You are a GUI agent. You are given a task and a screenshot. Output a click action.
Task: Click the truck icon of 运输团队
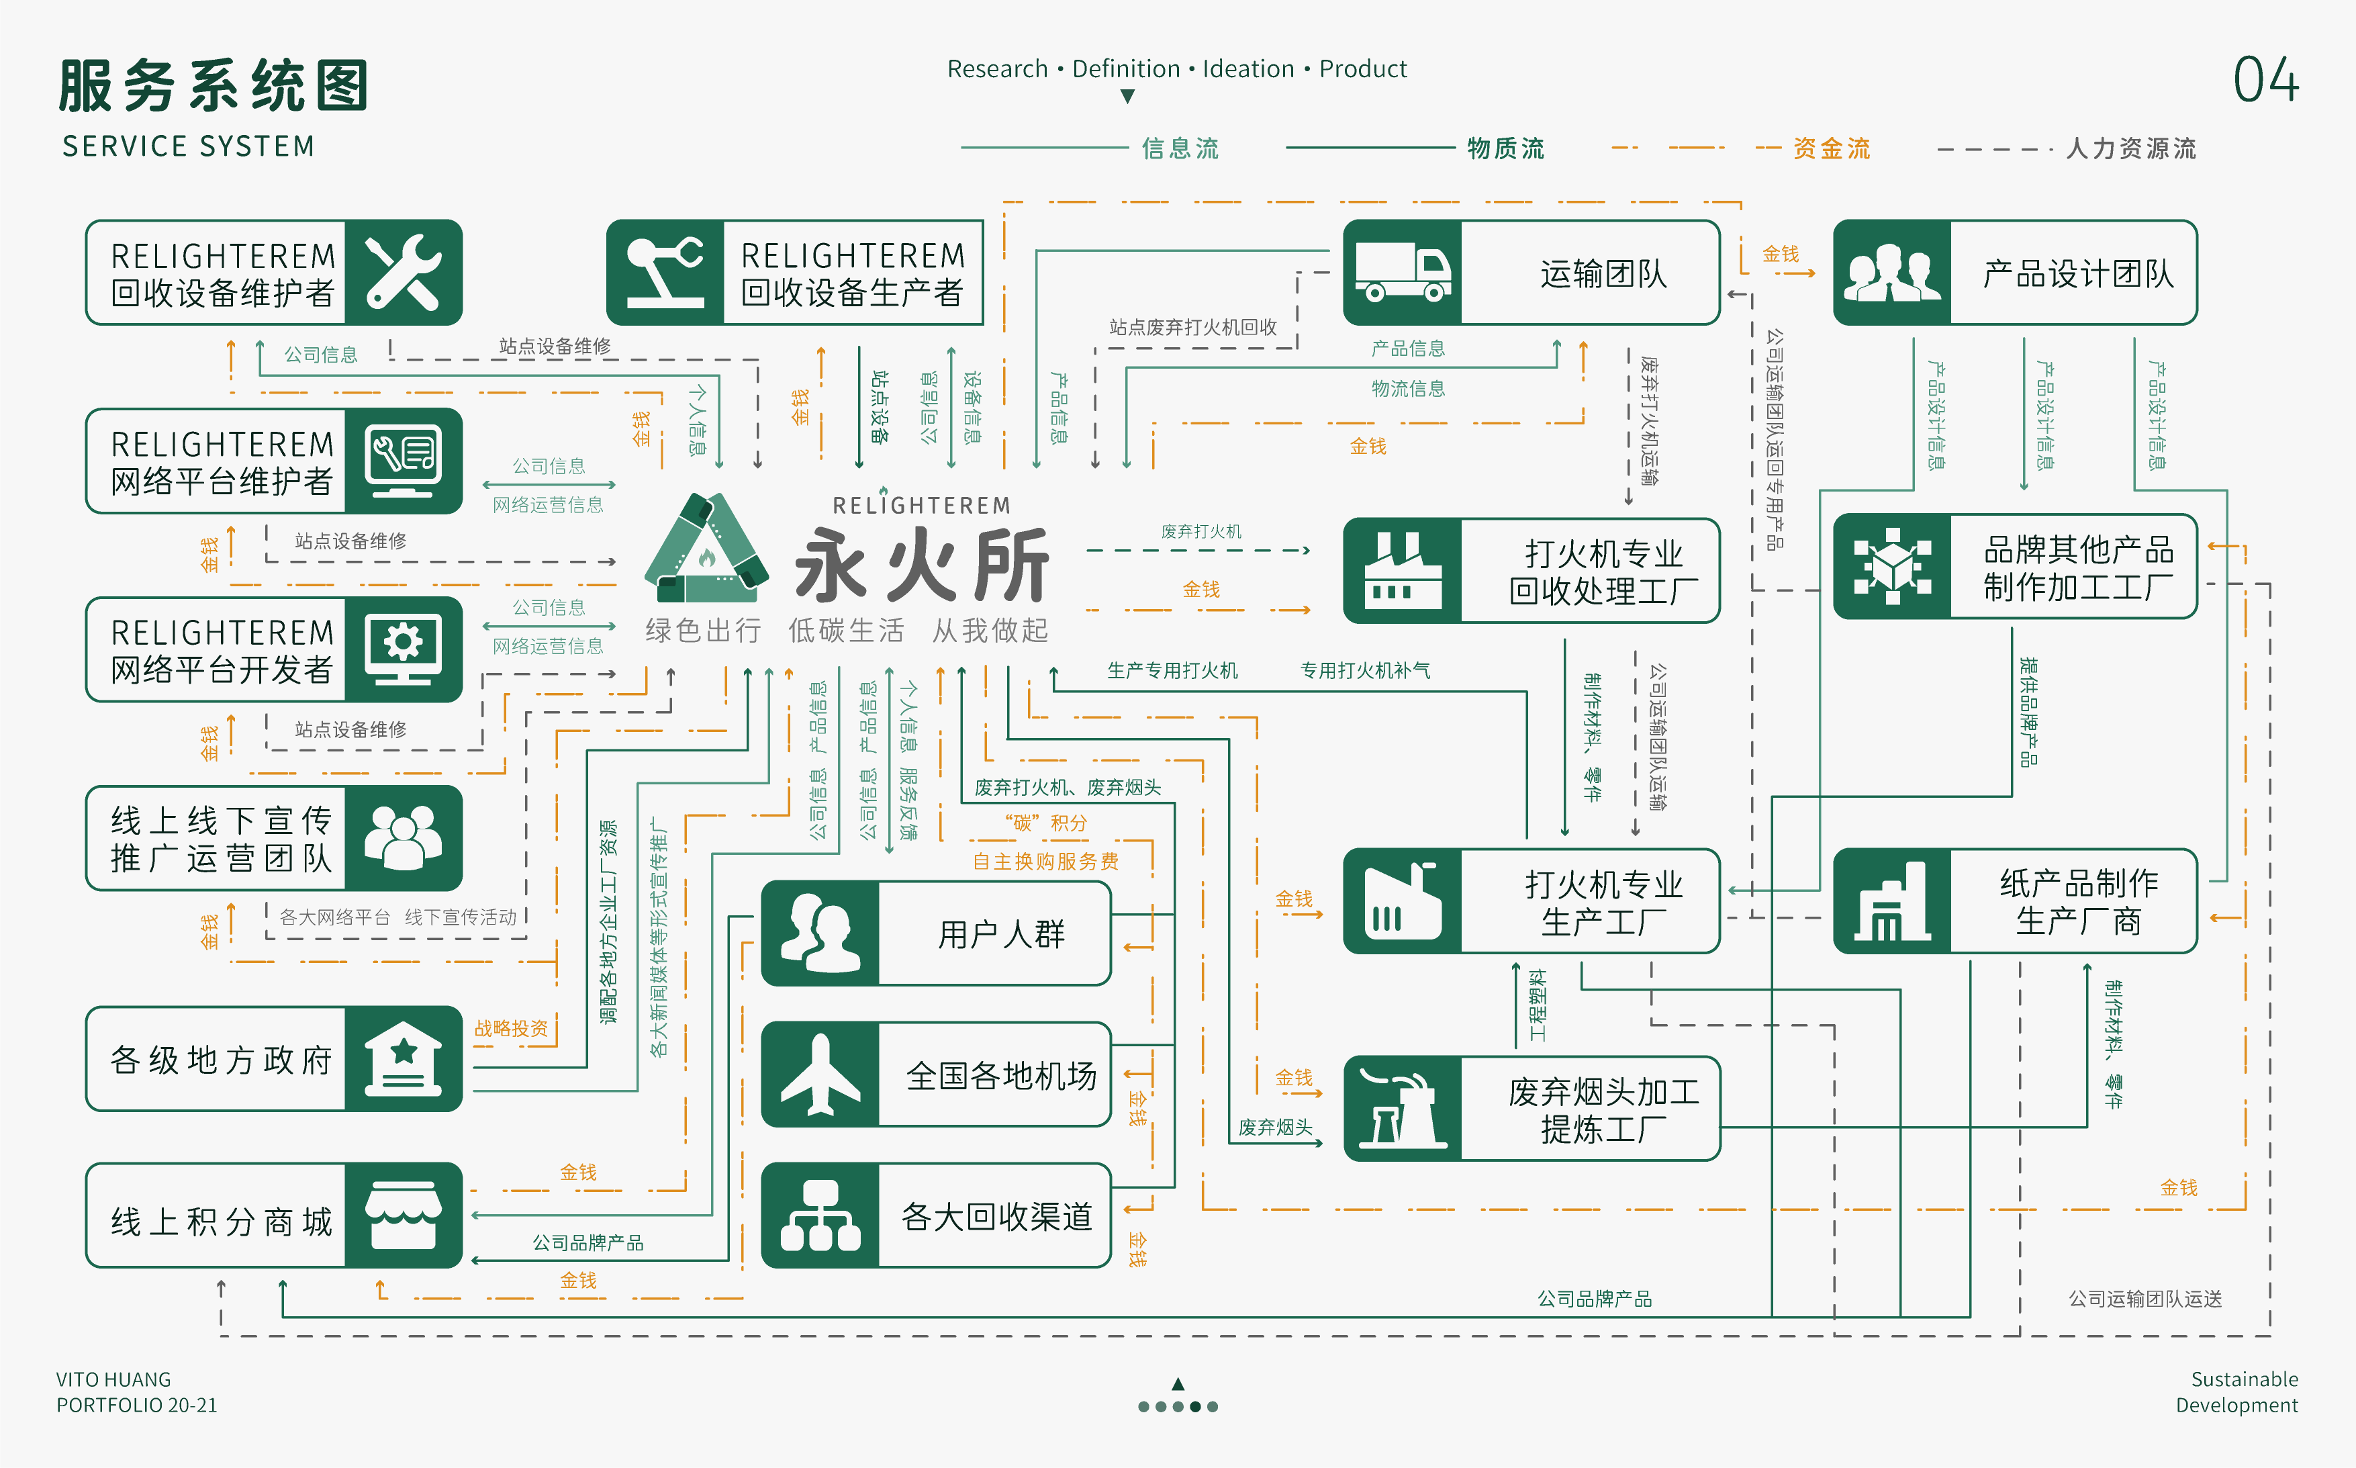click(x=1402, y=273)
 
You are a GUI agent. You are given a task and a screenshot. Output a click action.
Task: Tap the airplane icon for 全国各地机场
click(x=820, y=1074)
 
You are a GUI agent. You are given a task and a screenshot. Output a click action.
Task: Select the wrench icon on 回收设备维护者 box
click(x=403, y=273)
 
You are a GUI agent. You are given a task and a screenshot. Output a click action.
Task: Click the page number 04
click(x=2265, y=80)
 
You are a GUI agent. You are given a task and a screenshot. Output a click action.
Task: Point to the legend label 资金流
click(x=1831, y=148)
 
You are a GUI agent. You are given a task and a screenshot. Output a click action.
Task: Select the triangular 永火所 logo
click(x=707, y=549)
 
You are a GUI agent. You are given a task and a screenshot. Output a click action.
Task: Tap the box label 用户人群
click(x=1001, y=934)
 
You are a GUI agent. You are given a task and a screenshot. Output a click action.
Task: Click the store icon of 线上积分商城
click(x=403, y=1215)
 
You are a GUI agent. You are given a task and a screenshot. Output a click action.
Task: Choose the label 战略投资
click(x=511, y=1028)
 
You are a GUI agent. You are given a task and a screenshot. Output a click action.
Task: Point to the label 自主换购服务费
click(x=1045, y=861)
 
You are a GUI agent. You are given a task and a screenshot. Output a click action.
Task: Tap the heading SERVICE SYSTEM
click(x=188, y=146)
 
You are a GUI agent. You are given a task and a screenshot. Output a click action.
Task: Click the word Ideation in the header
click(x=1247, y=69)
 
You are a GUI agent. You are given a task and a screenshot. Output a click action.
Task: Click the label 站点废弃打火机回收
click(x=1193, y=327)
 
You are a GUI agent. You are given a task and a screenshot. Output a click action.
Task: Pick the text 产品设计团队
click(x=2077, y=274)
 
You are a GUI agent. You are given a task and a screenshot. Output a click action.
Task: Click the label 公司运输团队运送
click(x=2145, y=1299)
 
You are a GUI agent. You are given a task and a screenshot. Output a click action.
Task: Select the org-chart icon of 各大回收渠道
click(x=820, y=1215)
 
